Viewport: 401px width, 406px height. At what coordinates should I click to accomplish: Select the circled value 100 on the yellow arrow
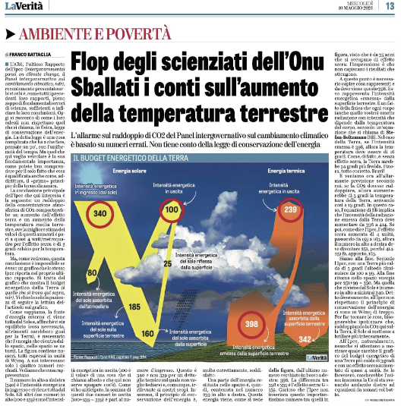click(172, 187)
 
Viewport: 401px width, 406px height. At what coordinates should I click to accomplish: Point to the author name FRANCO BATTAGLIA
click(30, 55)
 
